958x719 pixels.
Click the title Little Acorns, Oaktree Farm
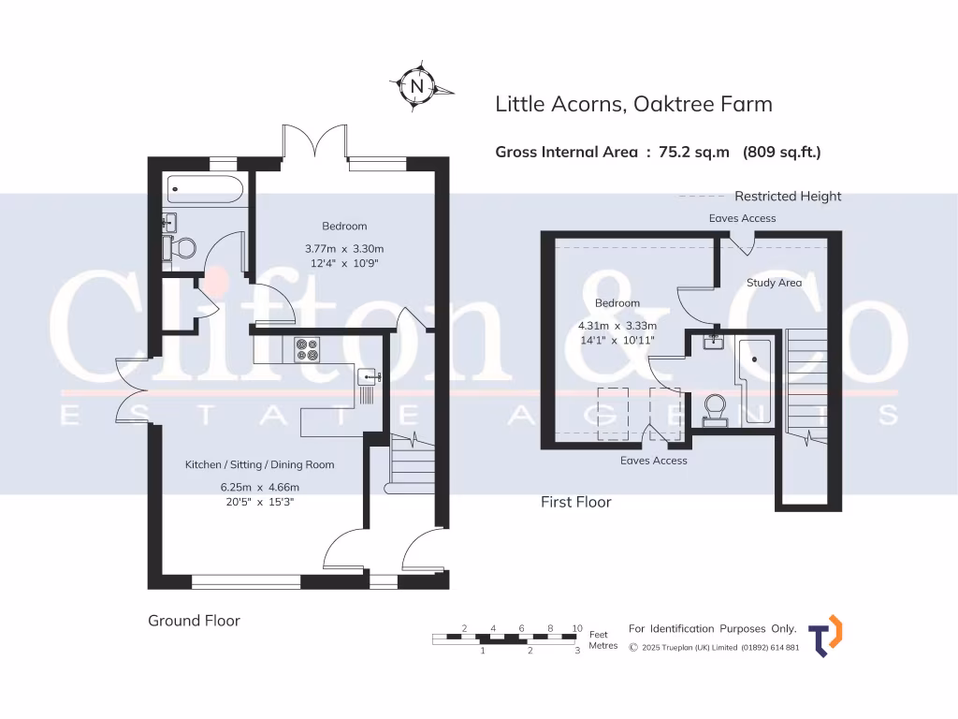click(633, 104)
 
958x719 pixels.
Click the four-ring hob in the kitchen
click(307, 348)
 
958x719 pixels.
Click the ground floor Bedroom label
click(344, 226)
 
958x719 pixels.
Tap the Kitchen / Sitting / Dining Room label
click(259, 464)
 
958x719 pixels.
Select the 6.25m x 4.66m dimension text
click(259, 487)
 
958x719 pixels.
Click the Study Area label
click(774, 283)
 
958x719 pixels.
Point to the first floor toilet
click(715, 408)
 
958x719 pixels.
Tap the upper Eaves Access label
click(742, 218)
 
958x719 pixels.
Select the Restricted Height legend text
click(788, 197)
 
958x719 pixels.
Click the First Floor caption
click(575, 502)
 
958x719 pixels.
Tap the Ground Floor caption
click(194, 621)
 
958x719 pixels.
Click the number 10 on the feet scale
click(577, 628)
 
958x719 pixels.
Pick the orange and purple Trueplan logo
click(824, 637)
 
